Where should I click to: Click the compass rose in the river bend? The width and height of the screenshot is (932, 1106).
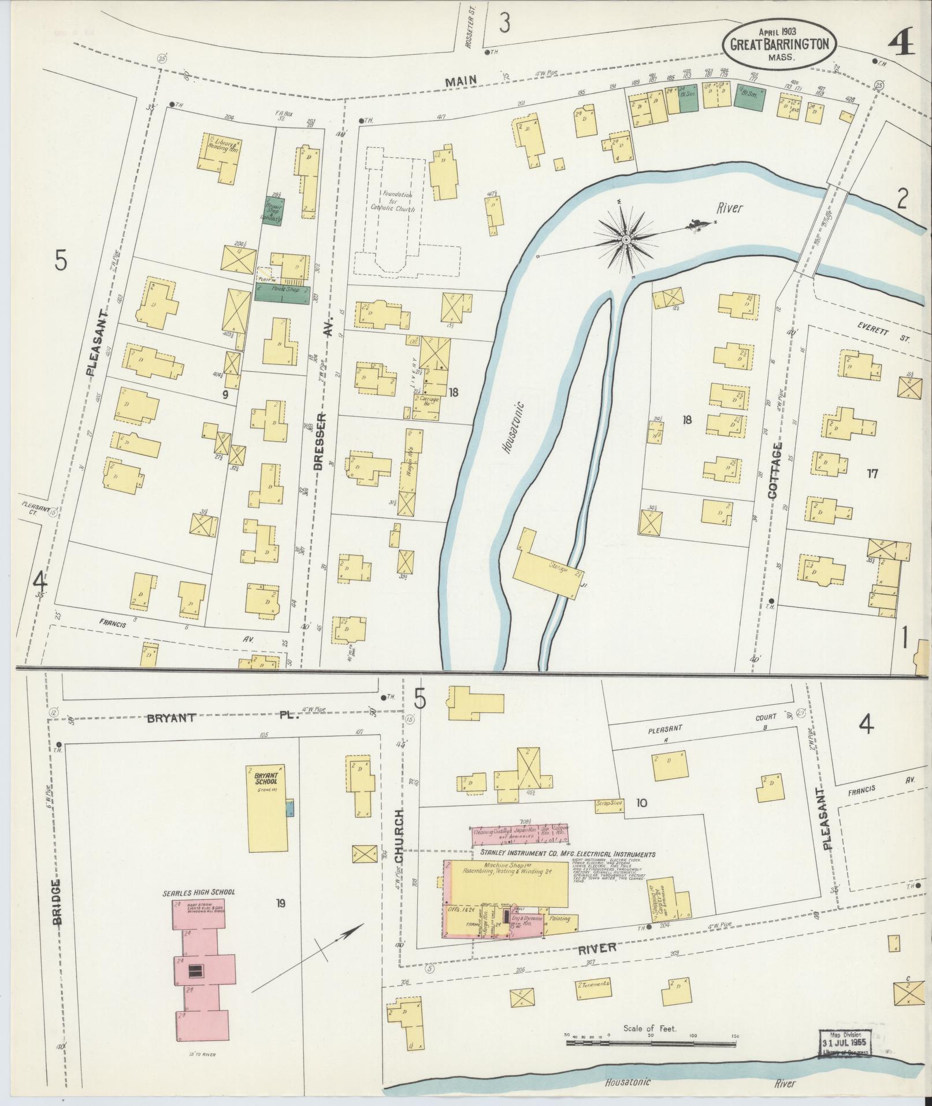627,239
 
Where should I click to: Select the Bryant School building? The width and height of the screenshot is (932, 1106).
268,808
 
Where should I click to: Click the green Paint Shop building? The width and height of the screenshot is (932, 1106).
282,293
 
